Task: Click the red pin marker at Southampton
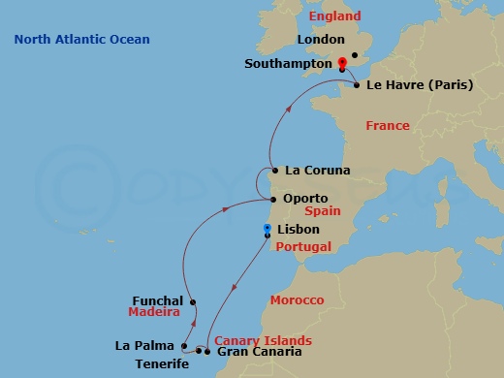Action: tap(342, 64)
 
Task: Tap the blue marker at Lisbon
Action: tap(267, 230)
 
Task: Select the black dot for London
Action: tap(356, 55)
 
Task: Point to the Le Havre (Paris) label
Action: tap(420, 85)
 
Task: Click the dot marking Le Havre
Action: tap(358, 85)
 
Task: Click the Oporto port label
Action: tap(304, 197)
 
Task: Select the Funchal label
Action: tap(157, 300)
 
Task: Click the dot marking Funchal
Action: tap(194, 301)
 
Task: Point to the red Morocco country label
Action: tap(297, 300)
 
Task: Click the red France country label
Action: tap(388, 126)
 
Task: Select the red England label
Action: tap(334, 16)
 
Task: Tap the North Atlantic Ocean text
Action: tap(82, 39)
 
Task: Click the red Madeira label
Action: tap(154, 313)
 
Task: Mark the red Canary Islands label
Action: tap(263, 340)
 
